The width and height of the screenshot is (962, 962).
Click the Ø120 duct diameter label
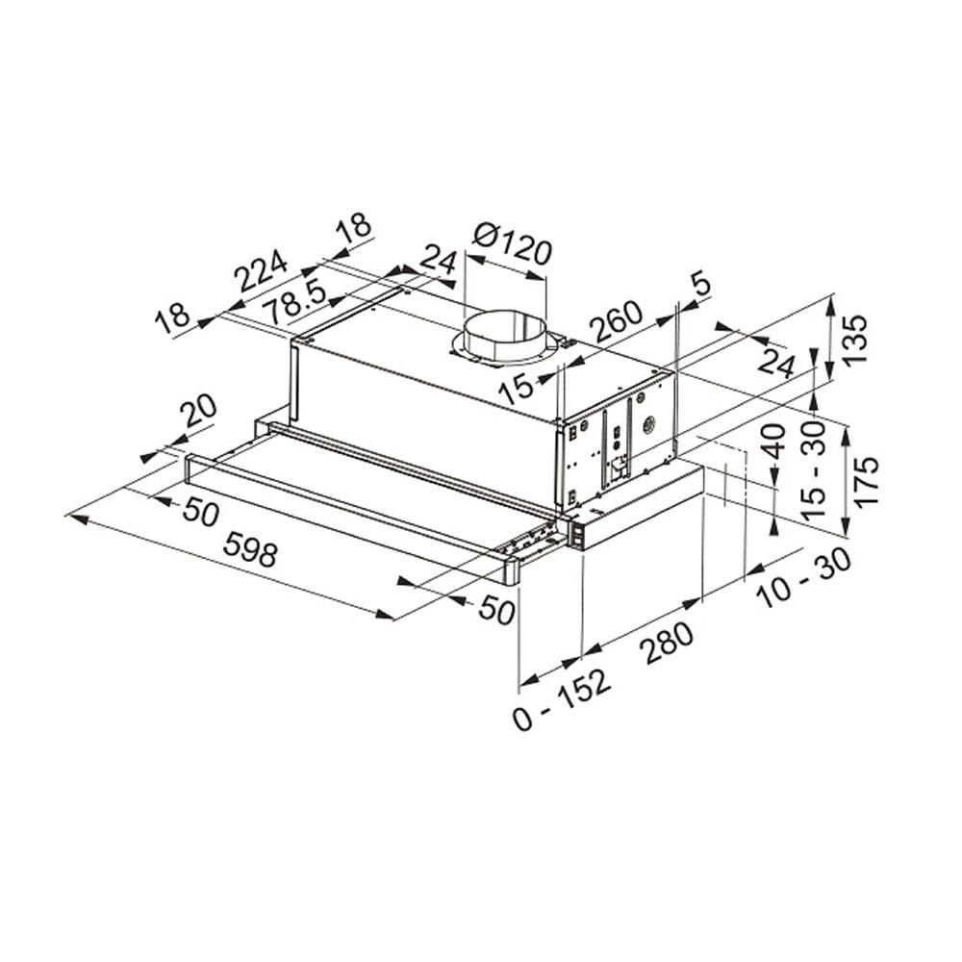point(514,244)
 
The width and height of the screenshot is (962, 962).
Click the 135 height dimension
point(855,339)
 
